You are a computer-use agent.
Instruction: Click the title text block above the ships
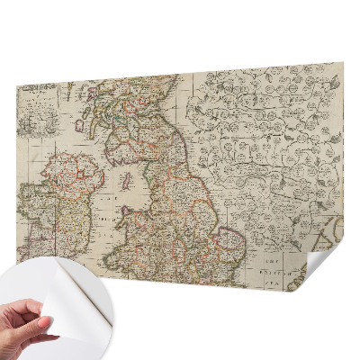coord(36,99)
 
